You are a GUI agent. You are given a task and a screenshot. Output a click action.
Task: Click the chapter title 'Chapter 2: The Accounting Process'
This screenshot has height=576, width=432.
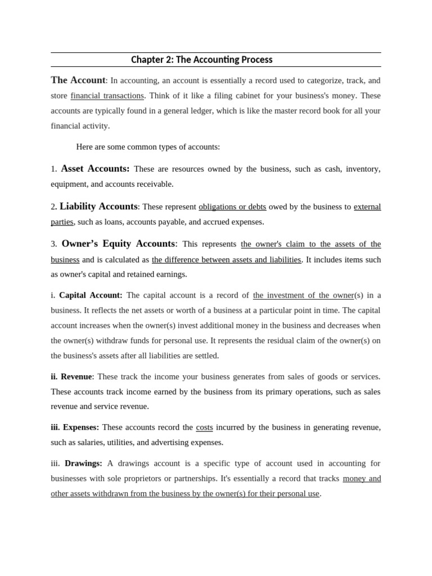(201, 60)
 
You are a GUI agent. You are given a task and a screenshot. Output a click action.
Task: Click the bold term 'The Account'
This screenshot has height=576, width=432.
(78, 80)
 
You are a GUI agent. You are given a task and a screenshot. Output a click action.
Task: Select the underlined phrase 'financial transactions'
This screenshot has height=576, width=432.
(107, 96)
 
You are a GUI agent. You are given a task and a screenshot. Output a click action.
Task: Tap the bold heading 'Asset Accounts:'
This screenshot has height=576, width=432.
(95, 169)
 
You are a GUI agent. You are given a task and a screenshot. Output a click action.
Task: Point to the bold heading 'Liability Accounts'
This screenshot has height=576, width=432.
(98, 206)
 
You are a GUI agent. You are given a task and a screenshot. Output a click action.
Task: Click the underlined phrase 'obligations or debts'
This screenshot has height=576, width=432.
(232, 207)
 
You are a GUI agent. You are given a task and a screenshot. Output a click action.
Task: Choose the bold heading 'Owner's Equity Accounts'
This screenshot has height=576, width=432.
(118, 244)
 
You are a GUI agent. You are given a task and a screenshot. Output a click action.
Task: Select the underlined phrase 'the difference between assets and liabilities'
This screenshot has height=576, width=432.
(227, 260)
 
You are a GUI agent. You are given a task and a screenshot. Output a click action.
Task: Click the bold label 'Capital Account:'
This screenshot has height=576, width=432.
(91, 295)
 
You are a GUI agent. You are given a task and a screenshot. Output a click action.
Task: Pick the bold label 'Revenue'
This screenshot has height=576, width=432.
(76, 377)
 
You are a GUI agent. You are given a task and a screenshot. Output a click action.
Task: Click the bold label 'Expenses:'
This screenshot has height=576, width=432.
(81, 427)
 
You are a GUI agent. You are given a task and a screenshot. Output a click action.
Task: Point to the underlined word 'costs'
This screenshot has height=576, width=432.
(204, 427)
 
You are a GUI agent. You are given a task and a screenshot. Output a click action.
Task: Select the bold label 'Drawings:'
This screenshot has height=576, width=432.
(83, 463)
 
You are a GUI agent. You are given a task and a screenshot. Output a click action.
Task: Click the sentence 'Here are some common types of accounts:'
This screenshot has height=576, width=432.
(148, 147)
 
